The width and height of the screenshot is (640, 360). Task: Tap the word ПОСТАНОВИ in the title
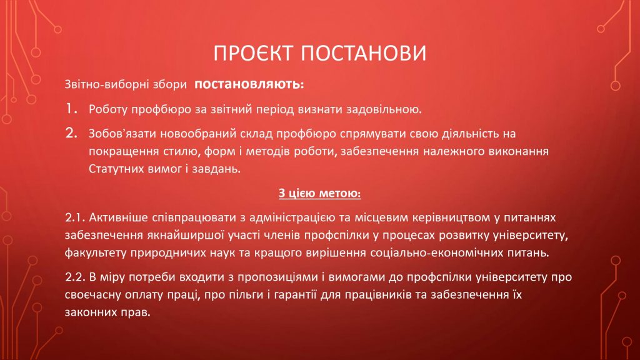coord(364,53)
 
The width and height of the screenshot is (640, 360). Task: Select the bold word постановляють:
coord(249,84)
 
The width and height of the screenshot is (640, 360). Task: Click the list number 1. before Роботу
coord(72,109)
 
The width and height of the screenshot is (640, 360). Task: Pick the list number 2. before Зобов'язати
coord(71,133)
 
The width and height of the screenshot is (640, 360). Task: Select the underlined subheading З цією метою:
coord(319,193)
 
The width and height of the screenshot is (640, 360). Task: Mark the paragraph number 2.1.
coord(75,217)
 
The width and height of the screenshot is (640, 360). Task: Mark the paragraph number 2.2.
coord(75,277)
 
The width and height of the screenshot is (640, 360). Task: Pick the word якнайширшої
coord(185,236)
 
